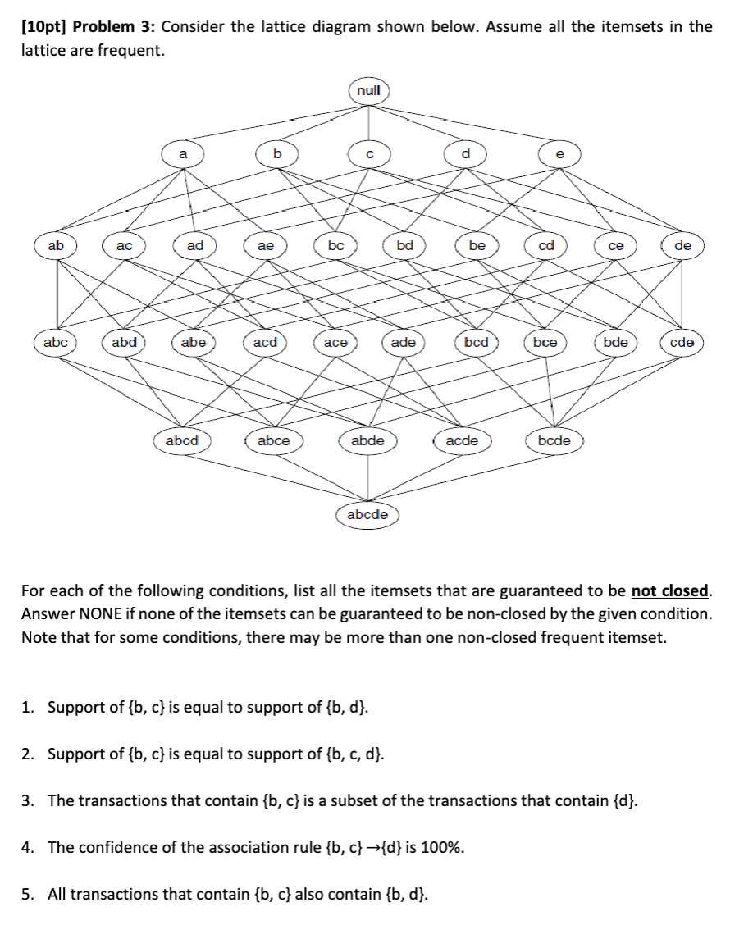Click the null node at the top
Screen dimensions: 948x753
click(x=369, y=90)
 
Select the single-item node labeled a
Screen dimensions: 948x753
click(x=183, y=153)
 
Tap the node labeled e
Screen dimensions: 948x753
click(x=560, y=153)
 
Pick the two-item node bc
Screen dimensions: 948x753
click(x=335, y=245)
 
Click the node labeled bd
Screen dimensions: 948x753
click(x=405, y=245)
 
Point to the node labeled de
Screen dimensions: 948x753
click(x=682, y=245)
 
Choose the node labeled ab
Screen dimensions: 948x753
click(x=56, y=245)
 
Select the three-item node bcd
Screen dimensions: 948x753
click(x=476, y=342)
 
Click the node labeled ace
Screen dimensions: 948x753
click(x=335, y=343)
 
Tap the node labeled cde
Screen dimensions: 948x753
click(x=682, y=342)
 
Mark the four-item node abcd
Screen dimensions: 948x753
click(x=182, y=440)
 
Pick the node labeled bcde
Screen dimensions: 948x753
click(x=554, y=440)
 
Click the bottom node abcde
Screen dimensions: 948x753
click(x=367, y=515)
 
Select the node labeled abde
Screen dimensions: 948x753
click(x=367, y=440)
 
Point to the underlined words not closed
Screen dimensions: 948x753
click(x=669, y=590)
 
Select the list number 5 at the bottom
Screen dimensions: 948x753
click(x=26, y=893)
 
